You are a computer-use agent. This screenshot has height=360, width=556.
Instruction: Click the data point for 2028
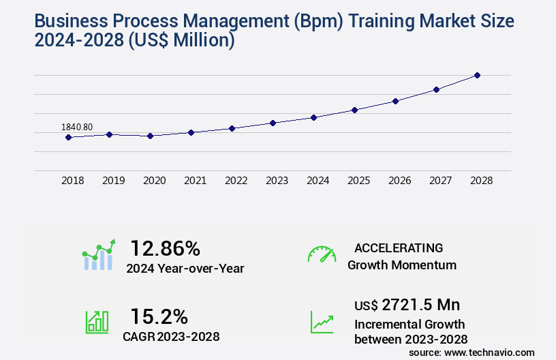(477, 75)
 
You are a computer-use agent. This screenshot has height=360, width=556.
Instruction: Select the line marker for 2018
(68, 137)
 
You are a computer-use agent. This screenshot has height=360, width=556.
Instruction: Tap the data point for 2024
(313, 117)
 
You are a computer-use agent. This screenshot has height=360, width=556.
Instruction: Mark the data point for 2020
(150, 136)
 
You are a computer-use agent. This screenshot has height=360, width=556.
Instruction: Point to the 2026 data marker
(395, 101)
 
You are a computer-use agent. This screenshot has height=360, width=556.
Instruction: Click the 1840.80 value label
(77, 127)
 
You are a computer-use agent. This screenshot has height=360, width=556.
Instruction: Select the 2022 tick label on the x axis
(236, 181)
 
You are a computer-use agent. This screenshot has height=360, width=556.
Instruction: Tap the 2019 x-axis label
(113, 181)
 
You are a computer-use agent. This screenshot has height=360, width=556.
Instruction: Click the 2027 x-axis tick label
(440, 181)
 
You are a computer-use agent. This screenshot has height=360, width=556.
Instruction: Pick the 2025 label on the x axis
(358, 181)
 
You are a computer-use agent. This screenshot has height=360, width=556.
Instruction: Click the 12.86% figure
(166, 248)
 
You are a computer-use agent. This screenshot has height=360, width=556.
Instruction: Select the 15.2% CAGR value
(159, 316)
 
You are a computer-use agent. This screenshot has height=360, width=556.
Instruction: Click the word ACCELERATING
(398, 248)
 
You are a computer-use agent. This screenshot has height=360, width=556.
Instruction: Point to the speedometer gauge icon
(322, 254)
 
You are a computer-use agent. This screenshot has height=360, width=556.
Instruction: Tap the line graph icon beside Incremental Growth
(322, 322)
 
